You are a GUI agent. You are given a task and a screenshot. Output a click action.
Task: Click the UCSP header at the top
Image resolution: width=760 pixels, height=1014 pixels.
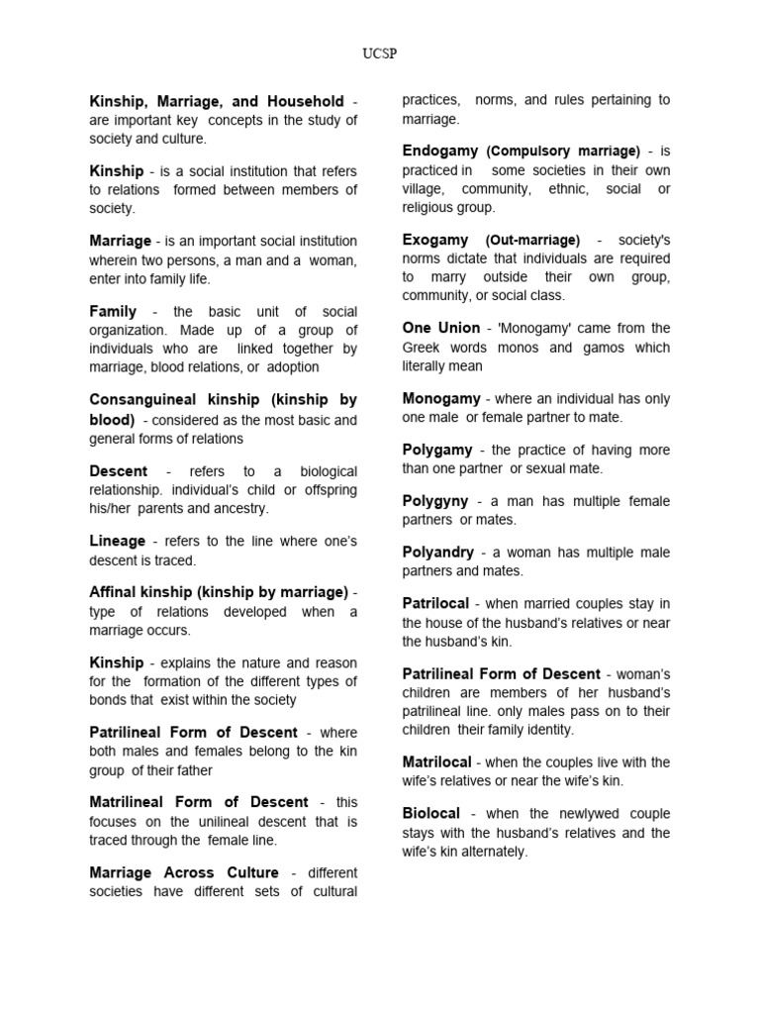[380, 52]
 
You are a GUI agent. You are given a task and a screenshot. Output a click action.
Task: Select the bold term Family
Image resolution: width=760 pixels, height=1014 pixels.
[113, 311]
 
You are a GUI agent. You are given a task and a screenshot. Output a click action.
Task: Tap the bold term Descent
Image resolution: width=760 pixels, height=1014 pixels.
[118, 471]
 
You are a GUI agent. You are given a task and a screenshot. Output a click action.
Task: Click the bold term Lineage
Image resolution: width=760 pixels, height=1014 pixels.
[117, 541]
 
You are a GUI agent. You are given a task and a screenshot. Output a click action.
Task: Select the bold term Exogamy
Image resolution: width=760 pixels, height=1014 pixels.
[435, 240]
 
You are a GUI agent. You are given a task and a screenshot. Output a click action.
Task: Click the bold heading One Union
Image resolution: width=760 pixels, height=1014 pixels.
[440, 328]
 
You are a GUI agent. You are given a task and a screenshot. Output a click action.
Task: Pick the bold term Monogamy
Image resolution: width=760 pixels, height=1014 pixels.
[441, 398]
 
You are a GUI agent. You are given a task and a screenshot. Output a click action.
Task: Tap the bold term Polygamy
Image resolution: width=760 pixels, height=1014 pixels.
[437, 450]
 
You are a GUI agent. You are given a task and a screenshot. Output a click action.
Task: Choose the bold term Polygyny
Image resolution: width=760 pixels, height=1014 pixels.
[436, 501]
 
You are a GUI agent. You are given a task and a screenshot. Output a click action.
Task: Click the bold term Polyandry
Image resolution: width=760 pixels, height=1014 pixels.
[438, 552]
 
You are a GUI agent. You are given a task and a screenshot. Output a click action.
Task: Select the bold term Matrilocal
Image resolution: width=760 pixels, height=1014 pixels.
[439, 762]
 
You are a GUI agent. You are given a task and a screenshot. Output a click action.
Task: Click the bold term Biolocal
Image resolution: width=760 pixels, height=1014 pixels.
[431, 813]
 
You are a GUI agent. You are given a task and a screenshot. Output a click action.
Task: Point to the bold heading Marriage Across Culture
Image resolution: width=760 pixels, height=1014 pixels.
[184, 872]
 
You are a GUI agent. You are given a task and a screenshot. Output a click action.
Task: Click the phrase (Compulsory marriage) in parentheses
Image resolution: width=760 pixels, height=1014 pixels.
[563, 152]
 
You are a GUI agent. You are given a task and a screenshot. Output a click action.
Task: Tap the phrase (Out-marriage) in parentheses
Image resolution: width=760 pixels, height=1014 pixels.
[532, 241]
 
